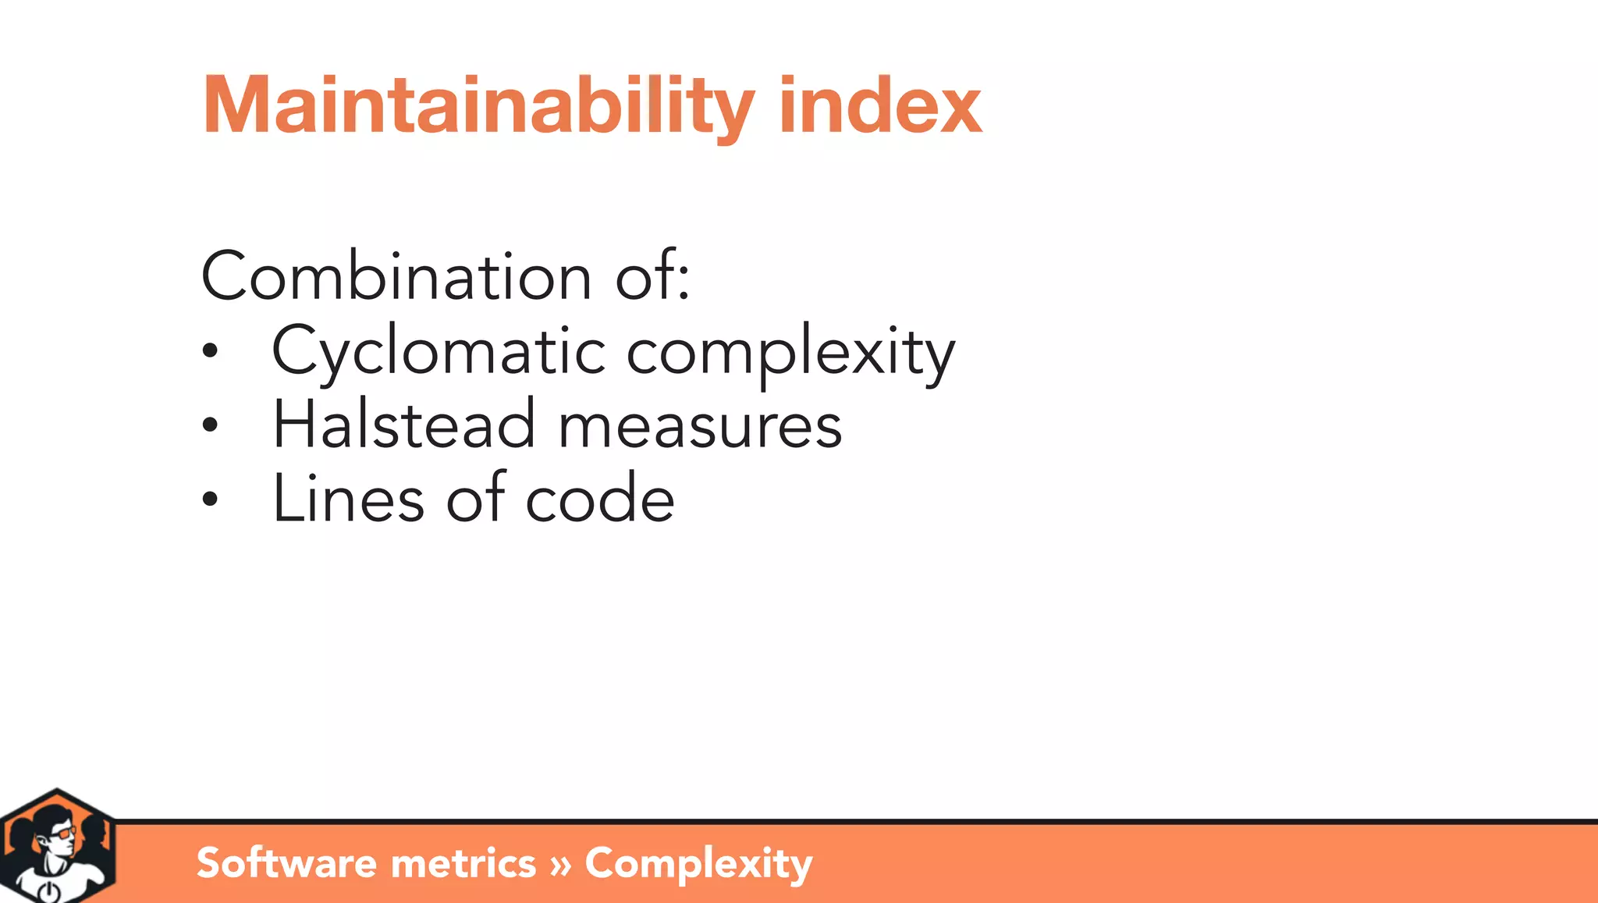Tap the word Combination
tap(396, 277)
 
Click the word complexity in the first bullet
tap(790, 353)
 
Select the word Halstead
tap(403, 425)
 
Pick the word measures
tap(700, 428)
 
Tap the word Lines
tap(348, 499)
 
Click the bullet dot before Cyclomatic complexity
tap(209, 351)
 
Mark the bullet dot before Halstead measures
tap(209, 425)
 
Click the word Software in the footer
tap(286, 863)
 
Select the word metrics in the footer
tap(463, 863)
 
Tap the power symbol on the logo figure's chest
tap(48, 892)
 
